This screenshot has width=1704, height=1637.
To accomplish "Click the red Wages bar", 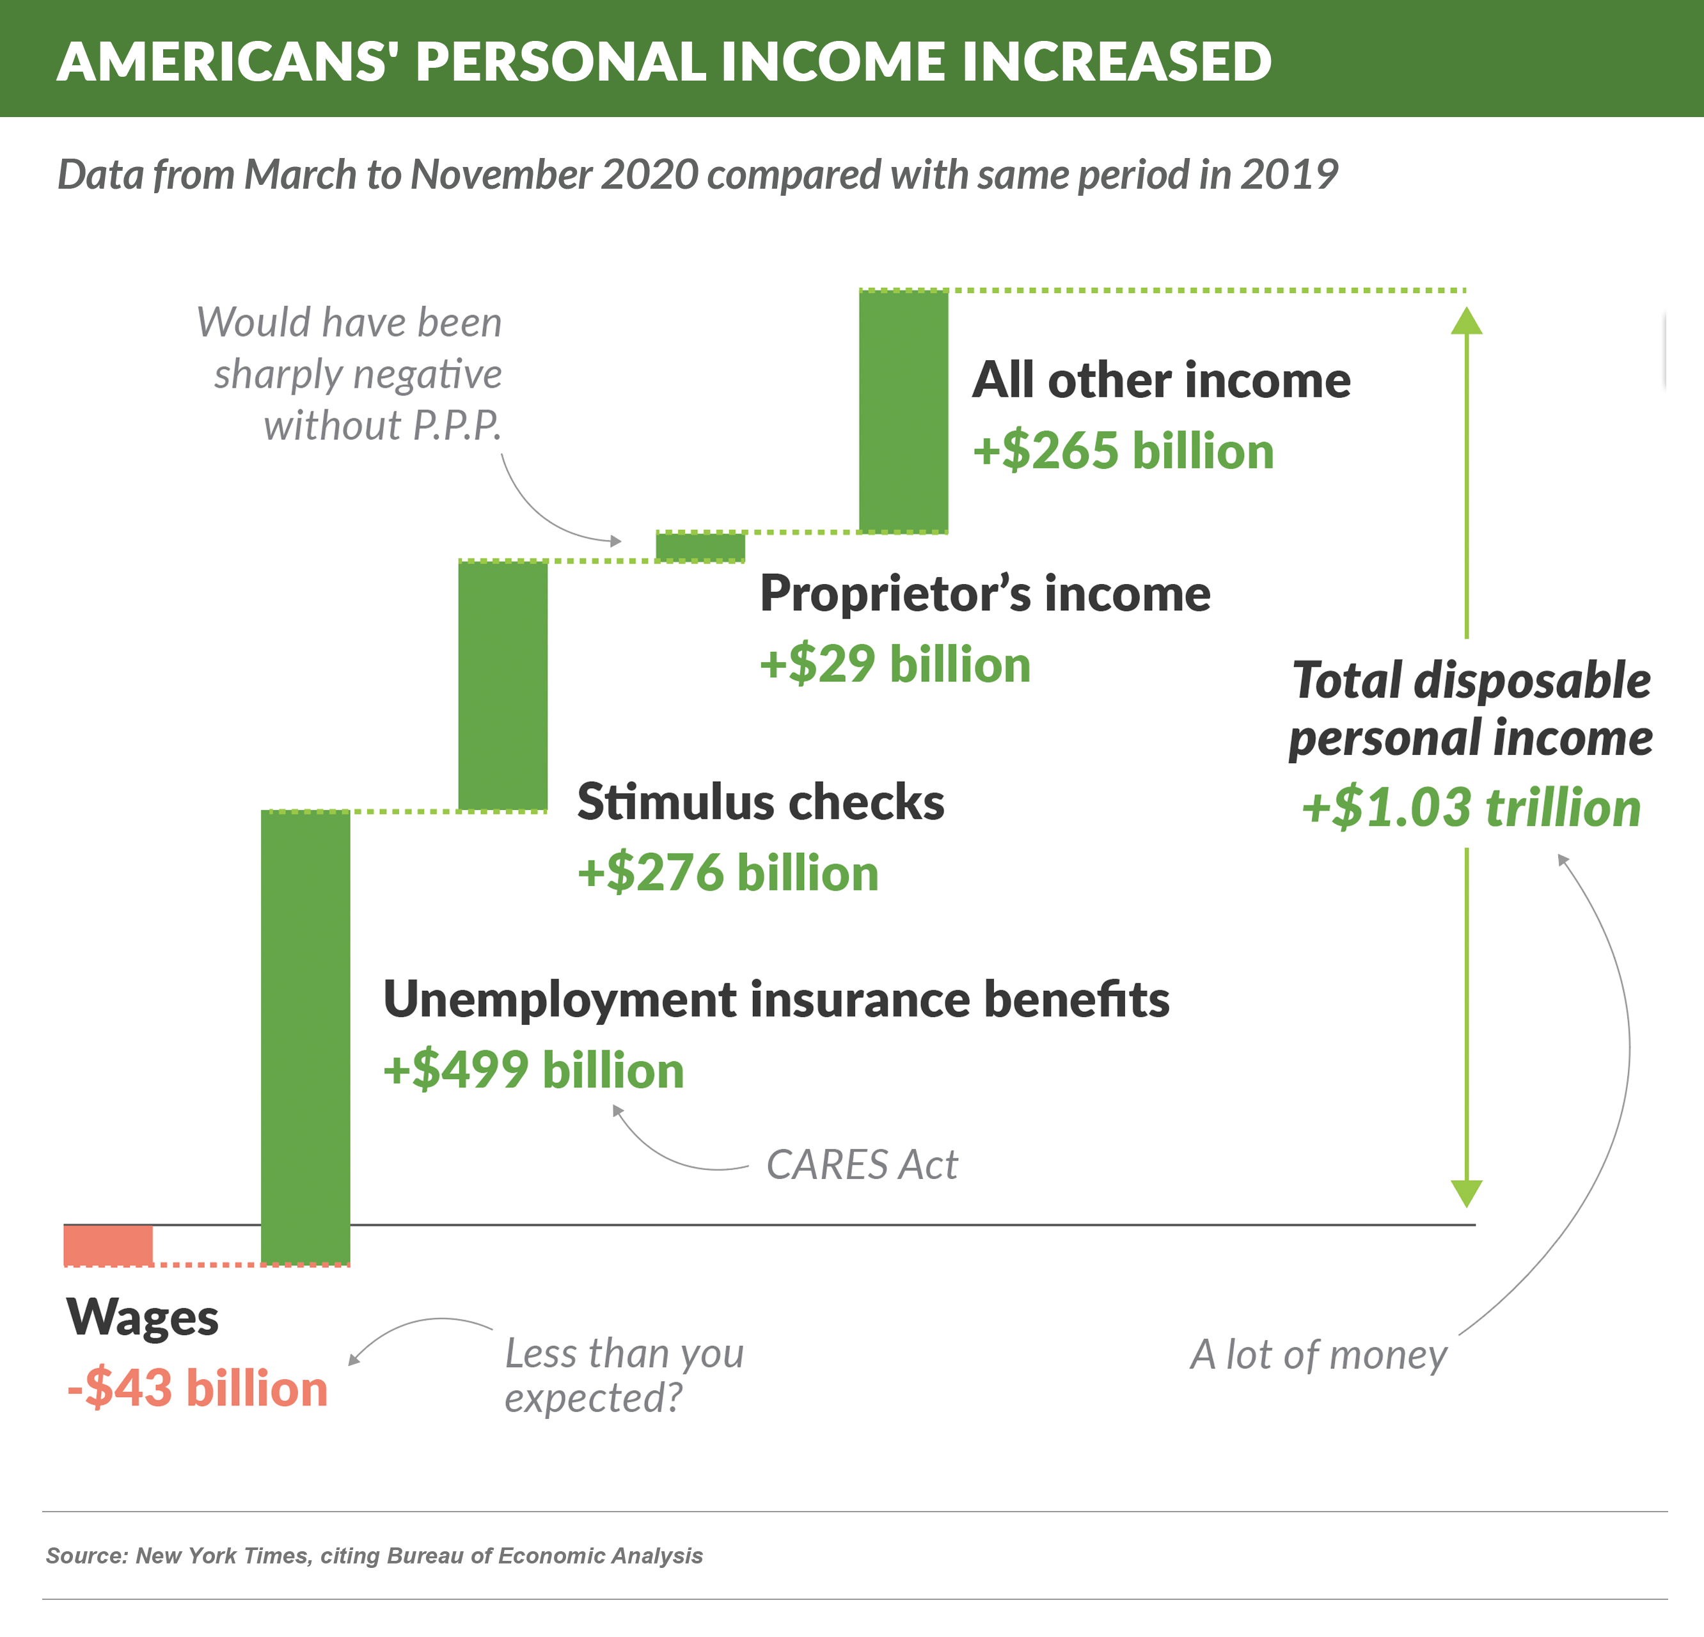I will [x=108, y=1244].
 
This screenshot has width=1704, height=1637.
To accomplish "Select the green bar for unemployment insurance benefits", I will [x=305, y=1036].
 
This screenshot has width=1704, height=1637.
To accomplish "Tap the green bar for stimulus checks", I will [x=503, y=686].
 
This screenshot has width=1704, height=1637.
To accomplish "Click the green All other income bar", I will [x=903, y=410].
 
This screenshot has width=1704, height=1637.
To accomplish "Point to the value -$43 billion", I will [x=198, y=1388].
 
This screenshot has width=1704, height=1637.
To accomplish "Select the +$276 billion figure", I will [x=728, y=872].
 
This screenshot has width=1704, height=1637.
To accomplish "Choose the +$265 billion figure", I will [x=1123, y=450].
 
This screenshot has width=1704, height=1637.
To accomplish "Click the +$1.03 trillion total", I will [x=1471, y=807].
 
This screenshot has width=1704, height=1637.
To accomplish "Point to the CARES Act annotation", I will [x=861, y=1165].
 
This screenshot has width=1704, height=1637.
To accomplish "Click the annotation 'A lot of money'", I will [x=1318, y=1354].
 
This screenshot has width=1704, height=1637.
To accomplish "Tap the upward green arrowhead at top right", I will [x=1466, y=322].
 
